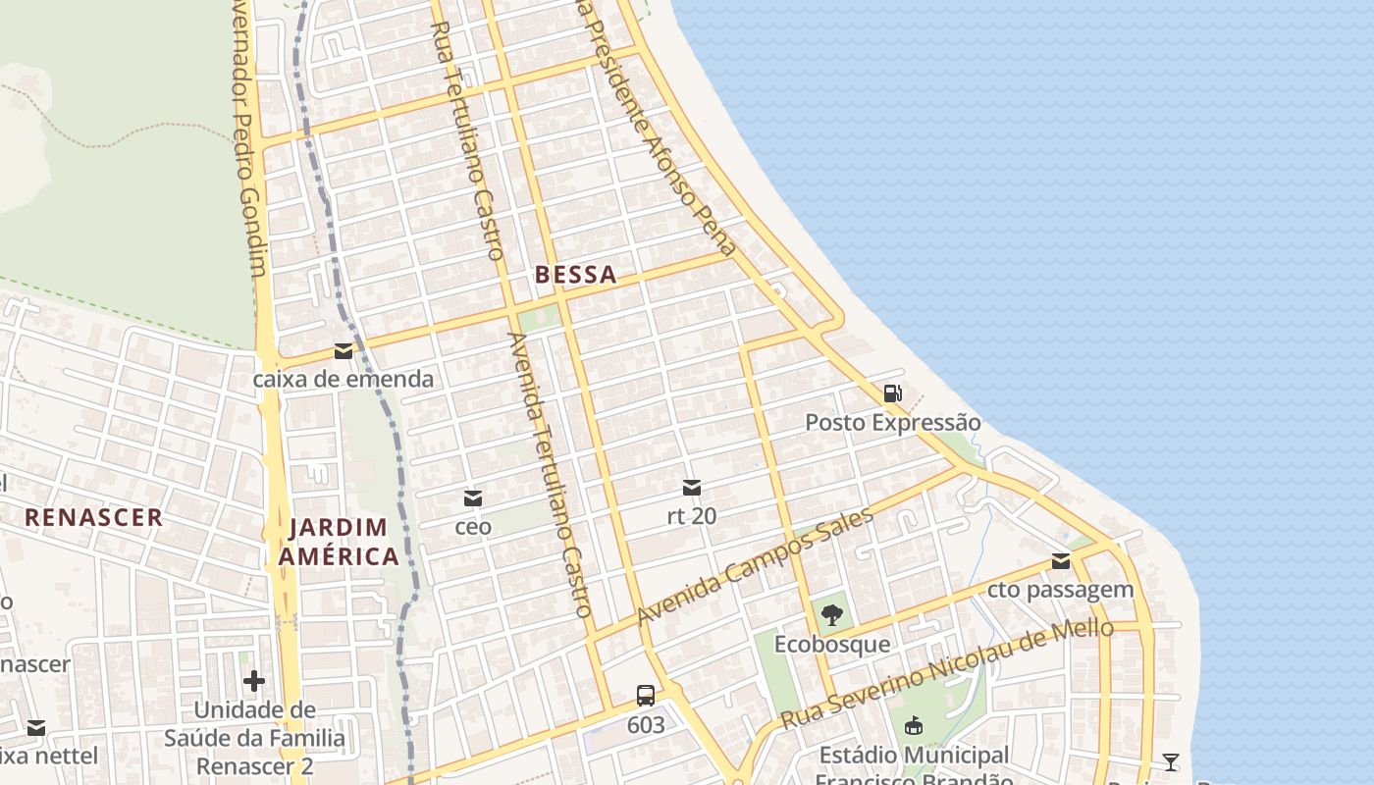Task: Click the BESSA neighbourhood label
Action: point(576,275)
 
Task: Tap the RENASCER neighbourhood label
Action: point(93,517)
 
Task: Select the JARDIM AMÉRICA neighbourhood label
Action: point(339,543)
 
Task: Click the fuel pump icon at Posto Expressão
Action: point(892,393)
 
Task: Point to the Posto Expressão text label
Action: point(892,423)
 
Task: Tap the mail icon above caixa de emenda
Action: point(343,351)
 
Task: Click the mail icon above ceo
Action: point(473,498)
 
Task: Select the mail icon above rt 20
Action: point(692,488)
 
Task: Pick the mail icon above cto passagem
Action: point(1060,561)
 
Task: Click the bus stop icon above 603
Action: point(645,696)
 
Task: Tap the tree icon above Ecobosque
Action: point(832,615)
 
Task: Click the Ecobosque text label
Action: point(832,645)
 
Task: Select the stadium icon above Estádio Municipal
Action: point(914,726)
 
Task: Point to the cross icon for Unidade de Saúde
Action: point(254,680)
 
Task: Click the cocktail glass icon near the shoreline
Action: point(1170,762)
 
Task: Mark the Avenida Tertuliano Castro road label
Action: point(550,474)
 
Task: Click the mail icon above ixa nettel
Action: point(36,728)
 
